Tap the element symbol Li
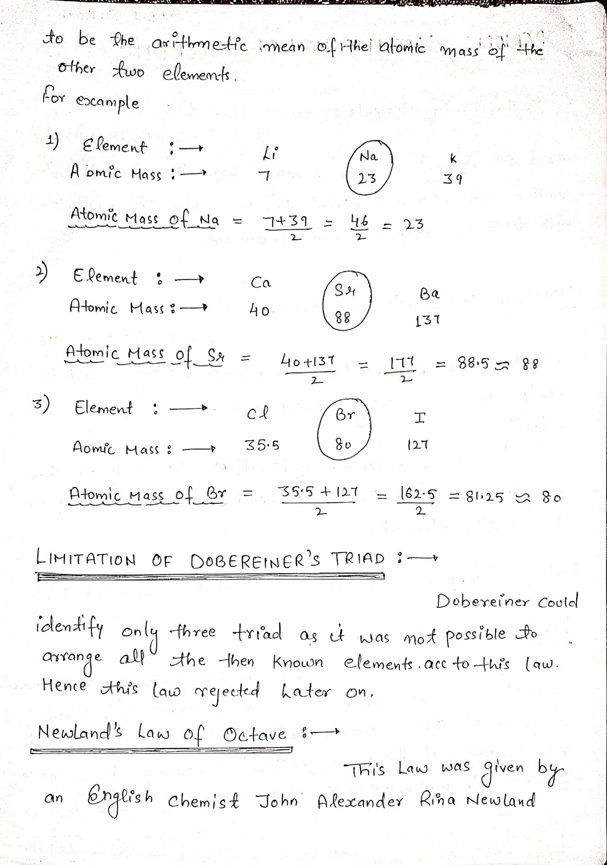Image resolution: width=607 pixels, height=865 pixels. (269, 154)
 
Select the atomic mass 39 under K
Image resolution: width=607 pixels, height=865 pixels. (452, 179)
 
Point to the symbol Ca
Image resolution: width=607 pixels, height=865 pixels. (261, 283)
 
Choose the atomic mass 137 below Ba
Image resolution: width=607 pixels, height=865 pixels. (428, 321)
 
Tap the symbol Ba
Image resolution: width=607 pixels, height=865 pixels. (429, 294)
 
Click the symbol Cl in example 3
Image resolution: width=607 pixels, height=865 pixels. (257, 414)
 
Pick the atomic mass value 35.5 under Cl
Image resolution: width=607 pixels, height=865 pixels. (262, 445)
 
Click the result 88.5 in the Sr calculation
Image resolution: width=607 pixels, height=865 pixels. (473, 363)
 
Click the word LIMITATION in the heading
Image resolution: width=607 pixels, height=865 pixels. (86, 558)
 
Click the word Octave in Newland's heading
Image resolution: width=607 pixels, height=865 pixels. (254, 734)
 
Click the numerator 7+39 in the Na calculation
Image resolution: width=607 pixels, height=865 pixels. (285, 222)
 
